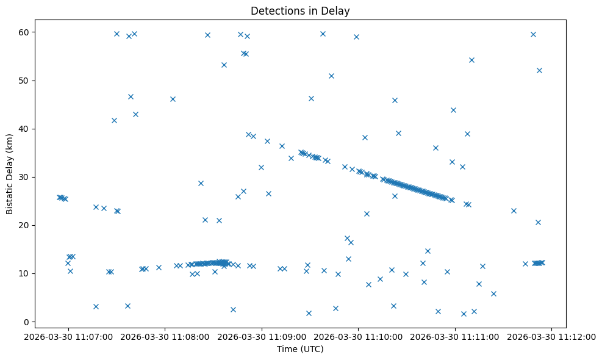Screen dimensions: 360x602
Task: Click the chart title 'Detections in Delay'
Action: (x=300, y=11)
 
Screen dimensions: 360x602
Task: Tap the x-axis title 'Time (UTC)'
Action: (x=300, y=349)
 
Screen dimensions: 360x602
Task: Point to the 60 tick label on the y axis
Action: (x=29, y=32)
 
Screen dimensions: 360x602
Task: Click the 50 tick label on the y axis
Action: (x=29, y=81)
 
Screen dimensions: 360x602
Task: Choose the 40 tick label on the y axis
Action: (x=29, y=129)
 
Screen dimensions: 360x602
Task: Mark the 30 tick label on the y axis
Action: (x=29, y=177)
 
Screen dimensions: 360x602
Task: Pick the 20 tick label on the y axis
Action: (x=29, y=225)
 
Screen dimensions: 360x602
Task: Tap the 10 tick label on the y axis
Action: (x=29, y=273)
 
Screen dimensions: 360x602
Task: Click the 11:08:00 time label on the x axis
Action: (x=165, y=336)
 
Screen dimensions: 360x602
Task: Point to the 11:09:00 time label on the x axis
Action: (x=262, y=336)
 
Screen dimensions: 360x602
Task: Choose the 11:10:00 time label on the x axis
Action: (x=358, y=336)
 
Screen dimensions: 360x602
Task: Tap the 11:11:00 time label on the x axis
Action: (x=455, y=336)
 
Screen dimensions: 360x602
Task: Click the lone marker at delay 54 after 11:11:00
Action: (x=471, y=60)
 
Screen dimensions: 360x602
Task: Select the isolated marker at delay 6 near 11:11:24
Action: (x=493, y=293)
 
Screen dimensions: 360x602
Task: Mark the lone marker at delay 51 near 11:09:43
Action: (x=331, y=76)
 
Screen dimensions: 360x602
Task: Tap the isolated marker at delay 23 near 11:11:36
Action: (x=514, y=211)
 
